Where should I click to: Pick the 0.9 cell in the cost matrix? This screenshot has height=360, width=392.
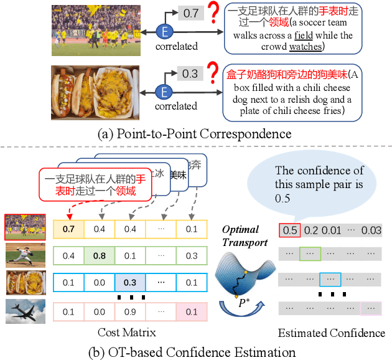tap(131, 310)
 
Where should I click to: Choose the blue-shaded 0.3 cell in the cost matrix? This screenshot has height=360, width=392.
tap(131, 283)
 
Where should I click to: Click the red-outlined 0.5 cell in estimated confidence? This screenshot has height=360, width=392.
tap(290, 230)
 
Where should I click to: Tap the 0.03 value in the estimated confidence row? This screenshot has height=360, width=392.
tap(372, 230)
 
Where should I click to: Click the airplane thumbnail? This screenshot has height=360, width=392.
tap(24, 310)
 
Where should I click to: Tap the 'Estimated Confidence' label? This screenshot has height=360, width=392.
tap(332, 333)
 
